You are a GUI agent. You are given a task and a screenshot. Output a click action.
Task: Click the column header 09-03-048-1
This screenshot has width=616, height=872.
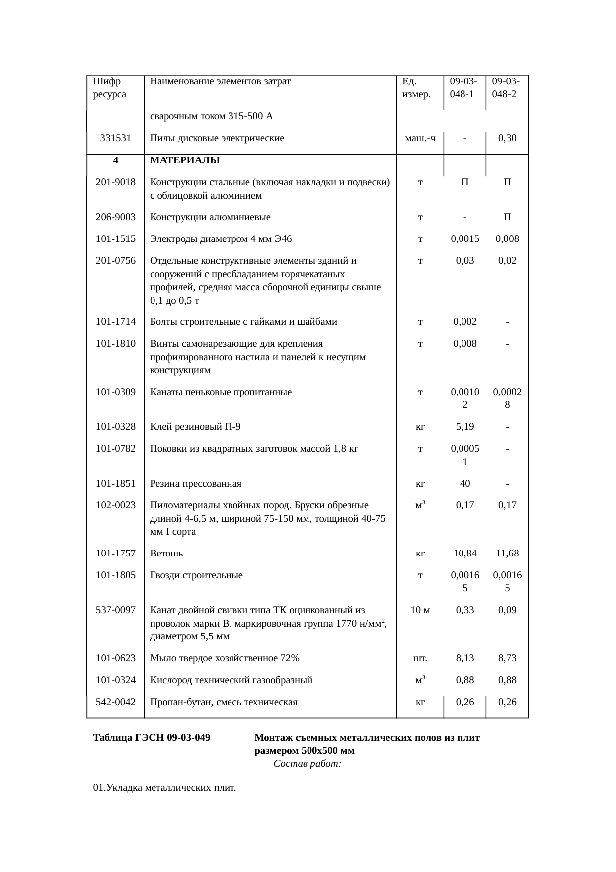(464, 87)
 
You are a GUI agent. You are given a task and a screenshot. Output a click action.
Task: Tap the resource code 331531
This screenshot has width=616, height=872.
(115, 138)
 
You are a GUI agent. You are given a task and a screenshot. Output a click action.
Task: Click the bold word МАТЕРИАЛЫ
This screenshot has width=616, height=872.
(185, 160)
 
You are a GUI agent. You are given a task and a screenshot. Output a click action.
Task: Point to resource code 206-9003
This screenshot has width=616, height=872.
(115, 217)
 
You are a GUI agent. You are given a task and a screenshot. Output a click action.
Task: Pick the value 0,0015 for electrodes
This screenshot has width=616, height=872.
(464, 239)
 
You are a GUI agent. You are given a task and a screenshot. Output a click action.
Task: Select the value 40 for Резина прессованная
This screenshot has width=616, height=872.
(464, 484)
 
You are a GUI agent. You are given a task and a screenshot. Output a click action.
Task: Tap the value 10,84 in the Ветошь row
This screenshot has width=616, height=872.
(464, 554)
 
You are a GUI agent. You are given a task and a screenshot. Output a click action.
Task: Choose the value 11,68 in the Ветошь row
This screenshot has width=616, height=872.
(507, 554)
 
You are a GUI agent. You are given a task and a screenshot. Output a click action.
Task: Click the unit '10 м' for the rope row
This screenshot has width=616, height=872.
(420, 610)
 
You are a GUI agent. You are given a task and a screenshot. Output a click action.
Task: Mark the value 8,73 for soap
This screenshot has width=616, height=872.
(507, 658)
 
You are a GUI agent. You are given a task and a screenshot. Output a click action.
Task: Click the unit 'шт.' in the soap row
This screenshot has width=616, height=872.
(420, 658)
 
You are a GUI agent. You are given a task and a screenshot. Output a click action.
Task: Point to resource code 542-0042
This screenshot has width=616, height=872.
(115, 702)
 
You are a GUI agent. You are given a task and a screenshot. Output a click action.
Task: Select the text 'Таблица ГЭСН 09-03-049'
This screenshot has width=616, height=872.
(152, 738)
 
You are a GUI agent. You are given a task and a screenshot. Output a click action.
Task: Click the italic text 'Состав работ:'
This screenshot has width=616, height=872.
(307, 764)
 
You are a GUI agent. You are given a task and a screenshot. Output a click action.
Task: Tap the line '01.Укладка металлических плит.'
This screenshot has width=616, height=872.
(164, 788)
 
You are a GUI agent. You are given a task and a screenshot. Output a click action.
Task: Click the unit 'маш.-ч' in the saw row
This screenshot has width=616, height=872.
(420, 138)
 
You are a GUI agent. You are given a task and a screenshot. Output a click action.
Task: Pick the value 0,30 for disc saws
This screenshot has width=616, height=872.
(507, 138)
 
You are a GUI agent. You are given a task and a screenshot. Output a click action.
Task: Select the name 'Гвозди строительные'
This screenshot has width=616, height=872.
(196, 575)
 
